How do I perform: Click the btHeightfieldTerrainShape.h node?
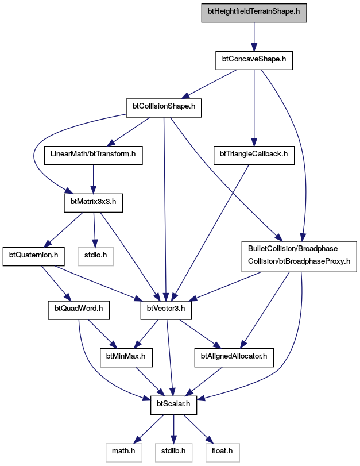(x=254, y=13)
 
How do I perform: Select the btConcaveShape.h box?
(x=254, y=61)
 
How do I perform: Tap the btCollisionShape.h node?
(x=164, y=108)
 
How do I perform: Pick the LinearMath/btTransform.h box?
(x=93, y=156)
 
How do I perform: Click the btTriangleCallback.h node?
(x=254, y=156)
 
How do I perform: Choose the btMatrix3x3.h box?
(x=93, y=203)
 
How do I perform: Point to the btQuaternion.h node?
(x=33, y=256)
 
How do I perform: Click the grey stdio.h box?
(x=96, y=256)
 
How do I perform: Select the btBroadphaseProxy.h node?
(x=299, y=256)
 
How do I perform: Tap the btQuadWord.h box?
(x=79, y=310)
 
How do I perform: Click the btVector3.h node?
(x=166, y=310)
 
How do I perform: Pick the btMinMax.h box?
(x=126, y=358)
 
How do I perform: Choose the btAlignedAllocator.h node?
(x=234, y=358)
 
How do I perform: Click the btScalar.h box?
(x=173, y=405)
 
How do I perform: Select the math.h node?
(x=123, y=453)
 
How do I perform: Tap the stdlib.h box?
(x=173, y=453)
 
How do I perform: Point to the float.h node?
(x=222, y=453)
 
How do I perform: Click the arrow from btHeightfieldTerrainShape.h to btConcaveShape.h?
(x=254, y=37)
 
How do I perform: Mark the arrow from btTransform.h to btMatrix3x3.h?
(x=93, y=179)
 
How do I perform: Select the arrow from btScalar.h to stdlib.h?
(x=173, y=429)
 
